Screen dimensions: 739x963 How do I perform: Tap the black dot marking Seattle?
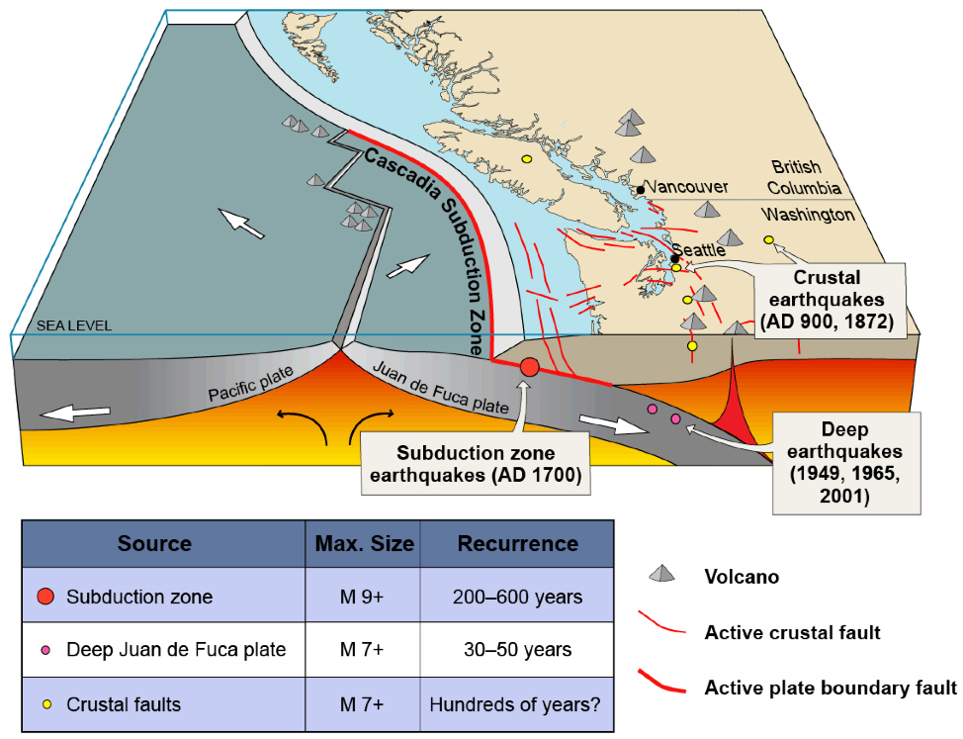pyautogui.click(x=675, y=259)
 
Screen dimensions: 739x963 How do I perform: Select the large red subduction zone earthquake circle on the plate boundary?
pyautogui.click(x=529, y=367)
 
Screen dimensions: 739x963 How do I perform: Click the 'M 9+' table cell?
pyautogui.click(x=363, y=597)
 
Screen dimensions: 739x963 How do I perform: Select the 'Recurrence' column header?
pyautogui.click(x=517, y=543)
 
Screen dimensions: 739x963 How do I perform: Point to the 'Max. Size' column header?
pyautogui.click(x=363, y=543)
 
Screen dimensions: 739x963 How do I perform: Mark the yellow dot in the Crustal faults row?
pyautogui.click(x=45, y=704)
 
